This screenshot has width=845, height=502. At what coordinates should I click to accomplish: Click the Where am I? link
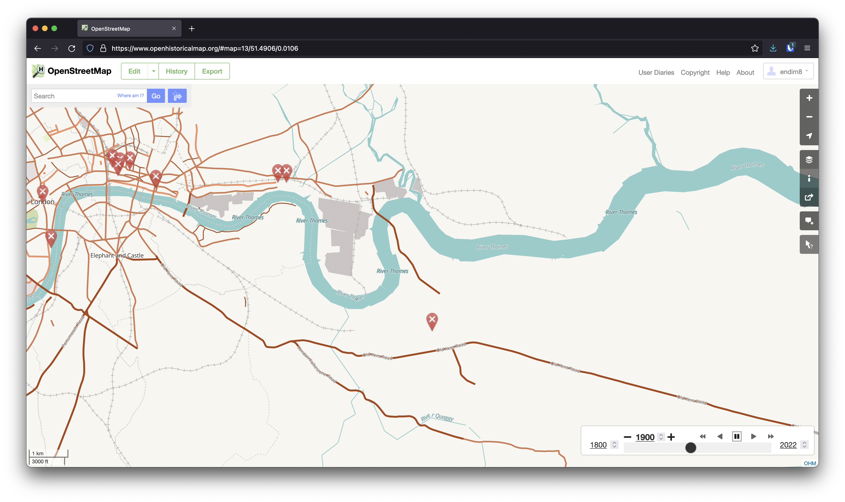click(130, 96)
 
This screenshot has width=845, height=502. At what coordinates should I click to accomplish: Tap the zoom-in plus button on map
click(809, 98)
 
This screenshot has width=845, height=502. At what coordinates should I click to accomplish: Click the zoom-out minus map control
click(809, 117)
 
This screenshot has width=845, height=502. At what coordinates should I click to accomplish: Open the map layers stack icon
click(809, 160)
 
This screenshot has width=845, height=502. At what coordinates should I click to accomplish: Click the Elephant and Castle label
click(117, 255)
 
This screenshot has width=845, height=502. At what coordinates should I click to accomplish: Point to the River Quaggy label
click(437, 417)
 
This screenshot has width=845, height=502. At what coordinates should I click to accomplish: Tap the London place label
click(43, 202)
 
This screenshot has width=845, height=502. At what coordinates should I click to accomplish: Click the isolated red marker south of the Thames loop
click(432, 321)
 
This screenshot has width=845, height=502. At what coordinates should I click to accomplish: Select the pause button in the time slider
click(737, 436)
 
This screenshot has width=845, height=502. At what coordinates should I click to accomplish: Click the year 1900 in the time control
click(645, 437)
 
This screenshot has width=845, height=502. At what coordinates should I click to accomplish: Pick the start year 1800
click(598, 445)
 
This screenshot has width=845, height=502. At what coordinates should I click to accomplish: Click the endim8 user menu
click(788, 71)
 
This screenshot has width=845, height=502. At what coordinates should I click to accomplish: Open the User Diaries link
click(656, 72)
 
